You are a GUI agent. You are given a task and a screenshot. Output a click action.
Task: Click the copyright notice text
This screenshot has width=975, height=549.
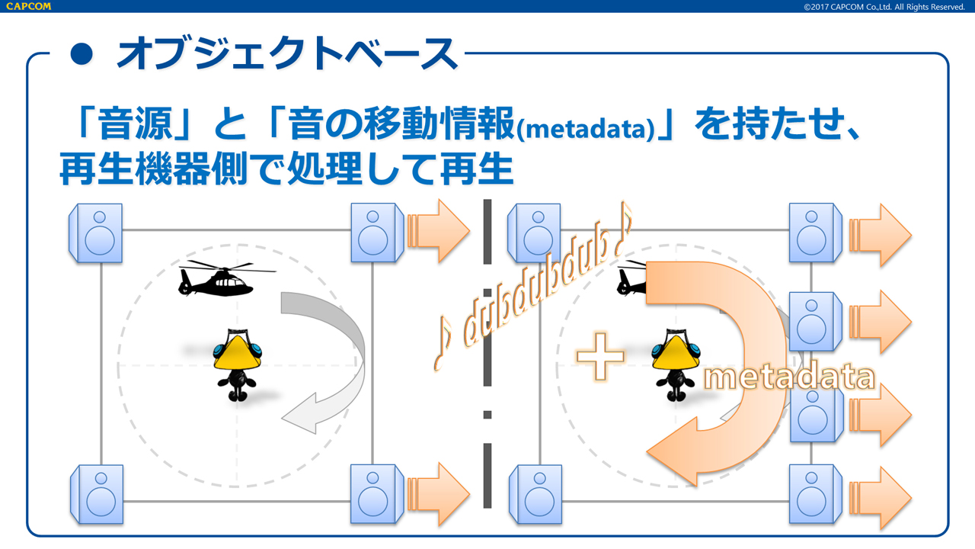click(x=884, y=7)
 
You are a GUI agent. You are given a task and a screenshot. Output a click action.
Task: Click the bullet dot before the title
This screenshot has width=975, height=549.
click(x=81, y=53)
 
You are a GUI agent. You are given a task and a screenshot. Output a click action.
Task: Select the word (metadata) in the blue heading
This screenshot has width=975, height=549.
click(x=585, y=130)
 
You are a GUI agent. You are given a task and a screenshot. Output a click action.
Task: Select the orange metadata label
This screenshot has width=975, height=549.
click(x=788, y=377)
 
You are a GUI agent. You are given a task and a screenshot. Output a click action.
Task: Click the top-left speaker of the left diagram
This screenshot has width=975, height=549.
click(x=96, y=233)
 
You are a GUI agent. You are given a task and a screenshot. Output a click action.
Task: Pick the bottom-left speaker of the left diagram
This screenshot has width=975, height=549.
click(x=97, y=493)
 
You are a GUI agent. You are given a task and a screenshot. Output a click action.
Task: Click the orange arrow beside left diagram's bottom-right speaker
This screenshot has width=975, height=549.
click(x=440, y=493)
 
